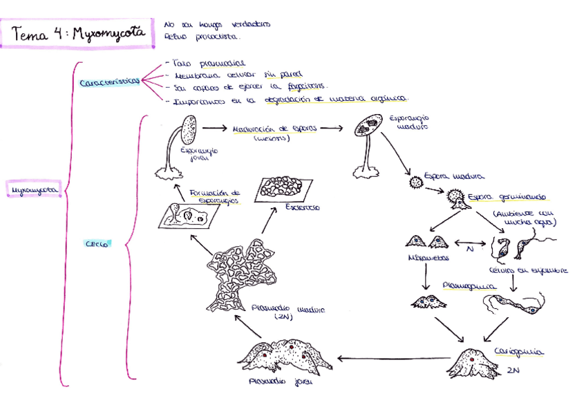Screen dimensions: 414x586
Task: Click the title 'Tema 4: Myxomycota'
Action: [77, 33]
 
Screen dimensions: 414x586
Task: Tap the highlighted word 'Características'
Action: [109, 83]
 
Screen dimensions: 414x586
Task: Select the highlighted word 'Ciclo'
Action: [95, 243]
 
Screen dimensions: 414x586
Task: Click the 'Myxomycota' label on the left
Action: [32, 189]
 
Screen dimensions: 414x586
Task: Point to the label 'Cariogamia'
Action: [518, 352]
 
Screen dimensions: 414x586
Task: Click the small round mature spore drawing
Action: [415, 182]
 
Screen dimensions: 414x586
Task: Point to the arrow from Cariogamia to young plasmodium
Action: [390, 359]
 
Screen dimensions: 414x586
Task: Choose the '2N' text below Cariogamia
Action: [512, 371]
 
